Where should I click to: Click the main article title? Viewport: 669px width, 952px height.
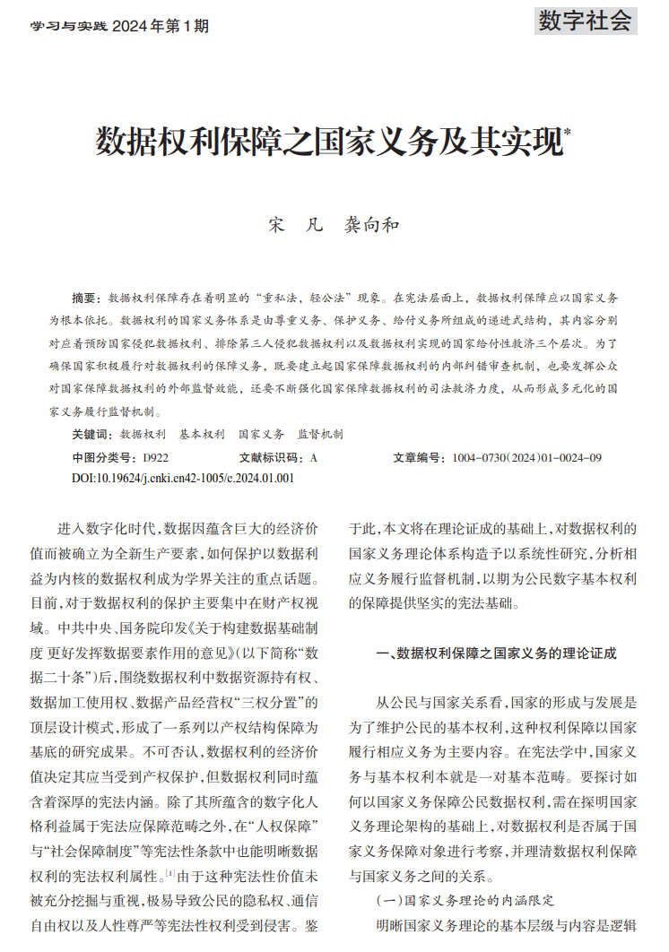click(330, 142)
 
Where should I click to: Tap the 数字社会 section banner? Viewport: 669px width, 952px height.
click(586, 21)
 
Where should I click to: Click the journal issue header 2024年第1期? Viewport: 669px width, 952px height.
click(161, 27)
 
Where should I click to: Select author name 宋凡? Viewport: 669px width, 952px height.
click(294, 225)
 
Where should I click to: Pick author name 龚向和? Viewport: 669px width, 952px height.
click(372, 225)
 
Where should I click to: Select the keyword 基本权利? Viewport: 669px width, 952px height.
click(202, 434)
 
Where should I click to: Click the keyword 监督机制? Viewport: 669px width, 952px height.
click(320, 434)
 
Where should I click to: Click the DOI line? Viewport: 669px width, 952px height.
click(183, 478)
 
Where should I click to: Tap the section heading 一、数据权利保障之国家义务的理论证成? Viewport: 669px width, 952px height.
click(496, 653)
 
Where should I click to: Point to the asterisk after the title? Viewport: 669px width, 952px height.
click(567, 132)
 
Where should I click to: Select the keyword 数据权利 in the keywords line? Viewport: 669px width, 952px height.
click(143, 434)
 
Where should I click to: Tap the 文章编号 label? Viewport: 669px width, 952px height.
click(419, 457)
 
